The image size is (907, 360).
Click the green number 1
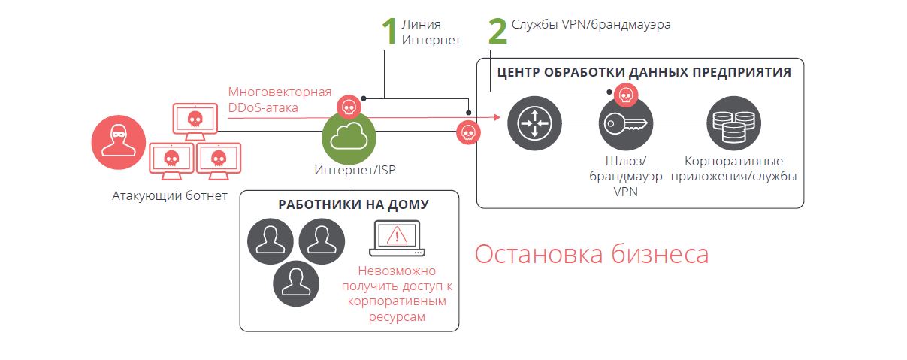click(x=388, y=32)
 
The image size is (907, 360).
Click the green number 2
click(x=497, y=32)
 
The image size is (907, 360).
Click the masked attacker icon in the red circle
click(x=119, y=141)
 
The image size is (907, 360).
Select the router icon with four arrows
click(x=534, y=123)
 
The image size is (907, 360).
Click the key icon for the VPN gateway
click(x=626, y=123)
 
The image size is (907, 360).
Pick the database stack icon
click(x=733, y=123)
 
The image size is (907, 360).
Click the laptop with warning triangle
click(x=396, y=238)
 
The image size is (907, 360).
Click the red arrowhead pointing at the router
click(x=497, y=117)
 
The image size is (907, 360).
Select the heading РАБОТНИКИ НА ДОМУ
click(x=353, y=204)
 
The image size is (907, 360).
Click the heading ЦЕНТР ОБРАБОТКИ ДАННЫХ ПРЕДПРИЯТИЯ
click(x=643, y=73)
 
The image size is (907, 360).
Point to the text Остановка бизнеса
click(x=591, y=254)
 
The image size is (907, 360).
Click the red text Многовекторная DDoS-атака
click(x=280, y=100)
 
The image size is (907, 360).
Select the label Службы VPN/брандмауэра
click(x=591, y=24)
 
